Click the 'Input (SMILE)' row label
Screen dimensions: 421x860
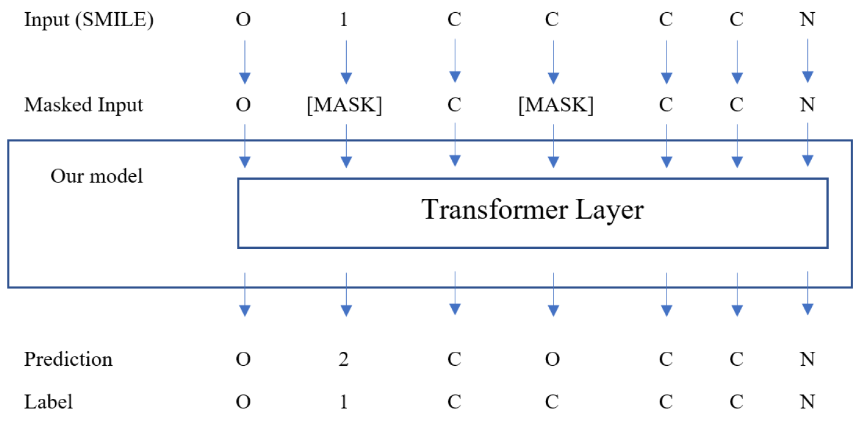[x=89, y=20]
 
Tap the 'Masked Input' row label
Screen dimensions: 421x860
[x=83, y=105]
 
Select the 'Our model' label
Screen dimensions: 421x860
[x=96, y=176]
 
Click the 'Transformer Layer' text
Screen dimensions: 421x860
[x=533, y=210]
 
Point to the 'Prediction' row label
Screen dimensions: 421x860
[x=68, y=359]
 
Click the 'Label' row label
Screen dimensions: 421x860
[x=49, y=401]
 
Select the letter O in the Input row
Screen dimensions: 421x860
[x=244, y=20]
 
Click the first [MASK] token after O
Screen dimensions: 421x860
[x=344, y=105]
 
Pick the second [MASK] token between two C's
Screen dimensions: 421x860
[x=556, y=105]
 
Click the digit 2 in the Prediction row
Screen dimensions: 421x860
[x=344, y=359]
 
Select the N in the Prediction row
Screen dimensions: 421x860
[x=807, y=359]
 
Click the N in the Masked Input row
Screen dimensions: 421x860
[x=807, y=105]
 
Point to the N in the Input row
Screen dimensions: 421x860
[x=807, y=20]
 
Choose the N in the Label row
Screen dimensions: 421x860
[x=807, y=401]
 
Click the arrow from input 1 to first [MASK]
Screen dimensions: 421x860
[x=346, y=61]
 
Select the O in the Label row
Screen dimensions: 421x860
[x=244, y=401]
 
